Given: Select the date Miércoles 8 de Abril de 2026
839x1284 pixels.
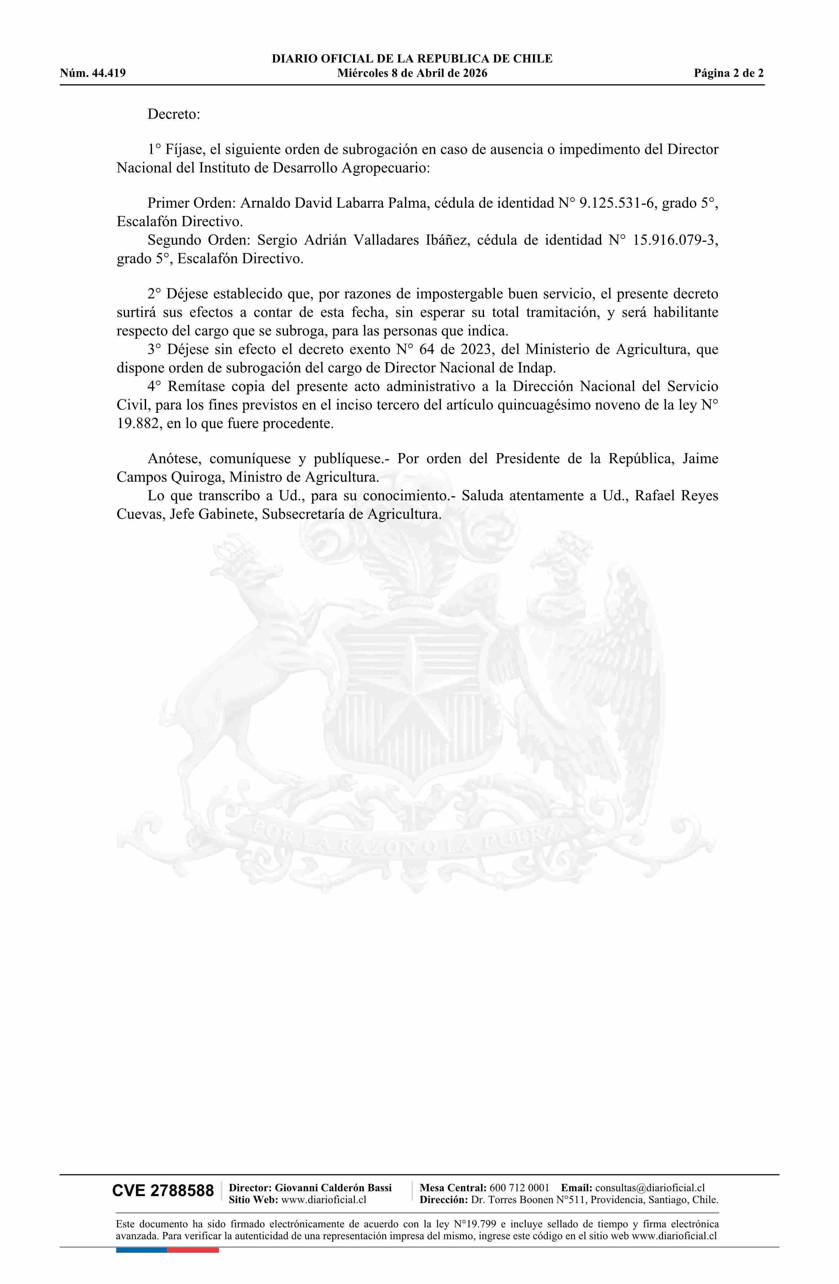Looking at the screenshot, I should pos(412,73).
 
